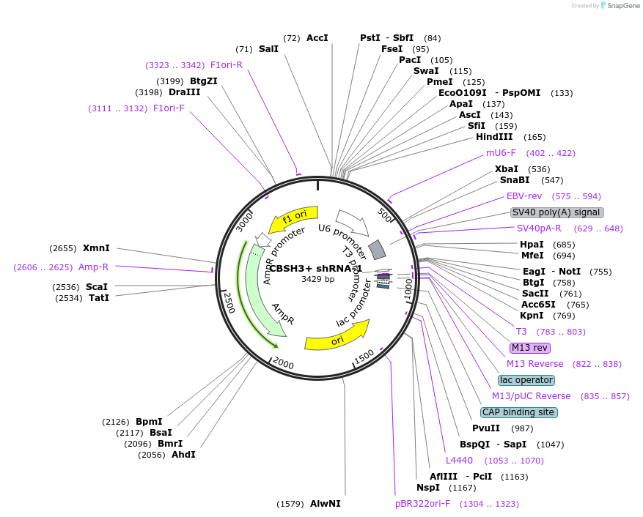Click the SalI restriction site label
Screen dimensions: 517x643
coord(268,49)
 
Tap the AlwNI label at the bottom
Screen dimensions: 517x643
coord(325,504)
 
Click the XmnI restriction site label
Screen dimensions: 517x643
coord(96,248)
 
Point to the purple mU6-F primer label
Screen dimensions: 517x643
coord(501,153)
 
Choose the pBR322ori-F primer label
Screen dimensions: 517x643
coord(422,504)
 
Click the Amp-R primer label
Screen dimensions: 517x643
coord(93,267)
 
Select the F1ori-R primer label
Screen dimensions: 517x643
coord(226,64)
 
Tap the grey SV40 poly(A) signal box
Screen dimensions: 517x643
coord(557,212)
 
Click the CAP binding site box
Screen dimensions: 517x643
coord(519,412)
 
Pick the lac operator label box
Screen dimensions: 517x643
coord(526,380)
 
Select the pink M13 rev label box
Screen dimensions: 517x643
coord(529,347)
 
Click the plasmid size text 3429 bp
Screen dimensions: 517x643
coord(317,279)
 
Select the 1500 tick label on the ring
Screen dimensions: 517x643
coord(364,357)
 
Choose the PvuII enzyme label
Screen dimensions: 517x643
coord(486,428)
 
